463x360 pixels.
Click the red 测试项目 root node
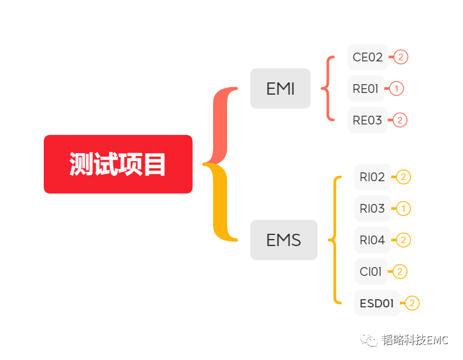pos(118,164)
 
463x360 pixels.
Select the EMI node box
pos(280,89)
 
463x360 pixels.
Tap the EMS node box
pos(284,240)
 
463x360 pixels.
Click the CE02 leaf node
pos(367,57)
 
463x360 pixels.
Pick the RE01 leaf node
pos(365,89)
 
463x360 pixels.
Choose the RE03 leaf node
pos(367,120)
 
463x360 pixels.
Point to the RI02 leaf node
pos(373,177)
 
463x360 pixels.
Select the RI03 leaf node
pos(373,209)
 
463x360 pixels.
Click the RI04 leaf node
pos(373,240)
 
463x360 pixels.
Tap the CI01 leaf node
pos(371,272)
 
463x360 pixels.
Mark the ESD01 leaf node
pos(377,303)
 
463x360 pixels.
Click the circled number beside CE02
pos(401,57)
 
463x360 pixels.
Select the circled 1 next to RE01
pos(396,89)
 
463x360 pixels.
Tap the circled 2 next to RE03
pos(400,120)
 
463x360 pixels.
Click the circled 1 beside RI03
pos(403,209)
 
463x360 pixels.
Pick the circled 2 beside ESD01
pos(412,303)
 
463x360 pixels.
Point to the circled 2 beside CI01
pos(400,272)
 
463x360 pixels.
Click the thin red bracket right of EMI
pos(328,89)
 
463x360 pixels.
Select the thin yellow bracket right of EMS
pos(335,240)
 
